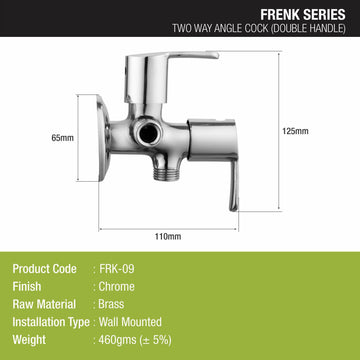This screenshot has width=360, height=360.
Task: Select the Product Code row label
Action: tap(46, 267)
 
